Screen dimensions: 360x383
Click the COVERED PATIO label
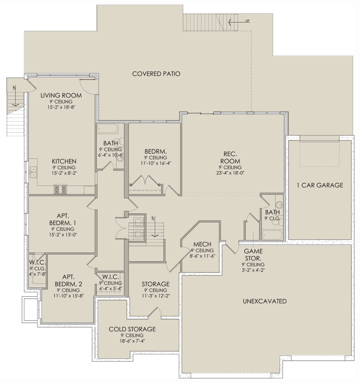point(156,74)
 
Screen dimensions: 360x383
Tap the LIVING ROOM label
point(61,96)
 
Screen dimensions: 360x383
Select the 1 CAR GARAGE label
point(320,185)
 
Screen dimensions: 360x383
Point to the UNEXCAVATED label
point(265,301)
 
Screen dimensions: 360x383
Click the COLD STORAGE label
point(132,329)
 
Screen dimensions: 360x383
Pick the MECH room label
point(202,244)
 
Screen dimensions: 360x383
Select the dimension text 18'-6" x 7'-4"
point(132,341)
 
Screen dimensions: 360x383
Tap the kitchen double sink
point(33,172)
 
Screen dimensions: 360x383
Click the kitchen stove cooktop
point(60,189)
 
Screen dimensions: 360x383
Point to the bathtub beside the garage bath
point(272,235)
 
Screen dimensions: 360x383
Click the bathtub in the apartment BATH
point(107,129)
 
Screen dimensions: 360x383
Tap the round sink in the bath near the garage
point(279,204)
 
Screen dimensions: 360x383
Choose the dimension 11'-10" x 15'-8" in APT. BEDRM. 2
point(69,296)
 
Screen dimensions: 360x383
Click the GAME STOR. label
point(253,254)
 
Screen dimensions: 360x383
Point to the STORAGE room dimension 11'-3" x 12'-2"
point(156,296)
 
